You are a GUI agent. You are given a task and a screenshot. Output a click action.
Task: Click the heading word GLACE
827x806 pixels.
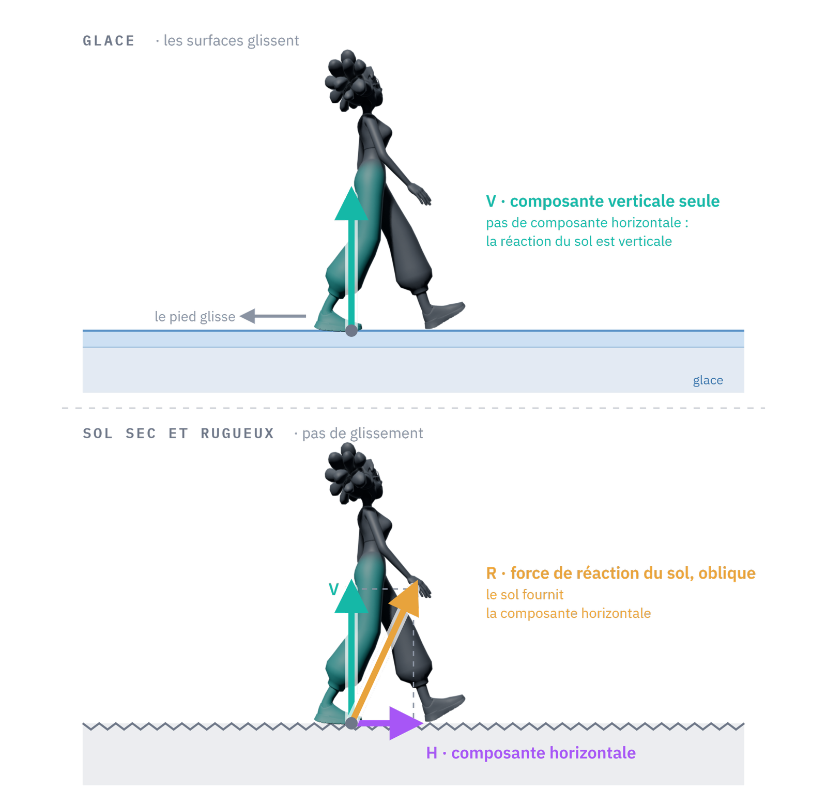109,41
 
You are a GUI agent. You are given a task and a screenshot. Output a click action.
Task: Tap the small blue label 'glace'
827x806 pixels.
708,380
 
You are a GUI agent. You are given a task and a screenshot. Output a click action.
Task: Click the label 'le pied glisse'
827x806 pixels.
195,316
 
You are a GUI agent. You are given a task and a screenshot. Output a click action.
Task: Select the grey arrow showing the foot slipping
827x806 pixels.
273,316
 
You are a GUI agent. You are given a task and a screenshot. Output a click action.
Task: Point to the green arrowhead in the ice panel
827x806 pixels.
351,204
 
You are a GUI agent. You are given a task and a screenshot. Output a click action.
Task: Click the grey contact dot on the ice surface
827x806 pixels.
351,330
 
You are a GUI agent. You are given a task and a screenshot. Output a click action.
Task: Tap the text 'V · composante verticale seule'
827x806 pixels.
603,201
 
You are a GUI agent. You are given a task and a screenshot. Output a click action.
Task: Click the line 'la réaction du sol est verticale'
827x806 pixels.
579,241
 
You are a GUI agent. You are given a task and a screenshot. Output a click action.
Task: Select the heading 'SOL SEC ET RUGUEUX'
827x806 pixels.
178,433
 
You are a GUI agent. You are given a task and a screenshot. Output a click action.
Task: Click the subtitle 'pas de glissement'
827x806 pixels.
362,433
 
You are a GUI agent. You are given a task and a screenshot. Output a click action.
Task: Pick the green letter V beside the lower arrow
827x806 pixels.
334,590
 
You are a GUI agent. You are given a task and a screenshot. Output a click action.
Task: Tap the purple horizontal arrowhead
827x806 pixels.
406,723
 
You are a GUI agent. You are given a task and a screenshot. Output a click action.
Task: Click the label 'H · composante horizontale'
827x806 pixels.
531,753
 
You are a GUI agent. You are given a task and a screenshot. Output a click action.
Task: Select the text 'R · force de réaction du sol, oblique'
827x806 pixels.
621,573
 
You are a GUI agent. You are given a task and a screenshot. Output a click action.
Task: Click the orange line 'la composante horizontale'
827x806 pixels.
569,613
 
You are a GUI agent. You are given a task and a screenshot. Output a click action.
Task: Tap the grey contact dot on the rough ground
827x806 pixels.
351,723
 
